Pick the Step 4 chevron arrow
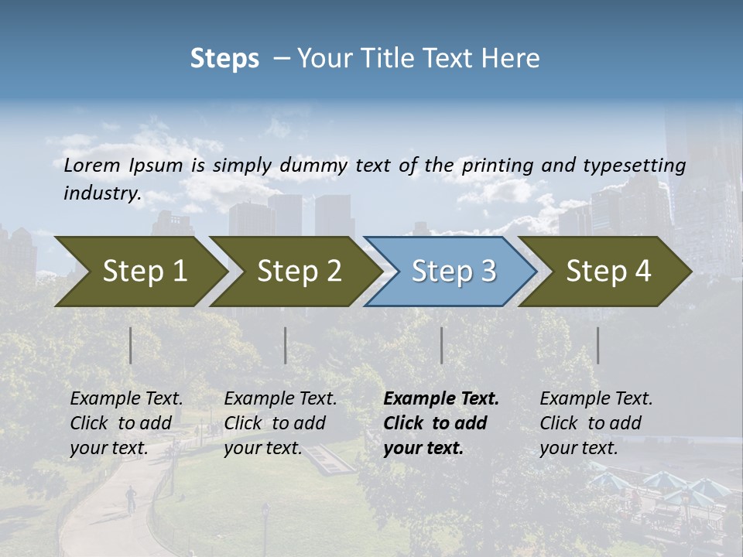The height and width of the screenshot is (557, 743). pos(607,272)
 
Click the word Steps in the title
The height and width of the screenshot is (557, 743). pos(224,58)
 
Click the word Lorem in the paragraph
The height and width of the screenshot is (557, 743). pos(91,165)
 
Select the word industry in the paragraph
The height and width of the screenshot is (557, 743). pos(102,193)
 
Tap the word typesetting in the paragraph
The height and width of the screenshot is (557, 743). pos(632,165)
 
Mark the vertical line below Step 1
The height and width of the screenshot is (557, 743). pos(131,345)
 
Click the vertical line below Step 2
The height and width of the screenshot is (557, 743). pos(286,345)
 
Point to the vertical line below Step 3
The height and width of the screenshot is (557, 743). pos(441,345)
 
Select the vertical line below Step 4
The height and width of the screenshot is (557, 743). pos(597,345)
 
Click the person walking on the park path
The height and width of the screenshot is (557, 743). pos(131,497)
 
